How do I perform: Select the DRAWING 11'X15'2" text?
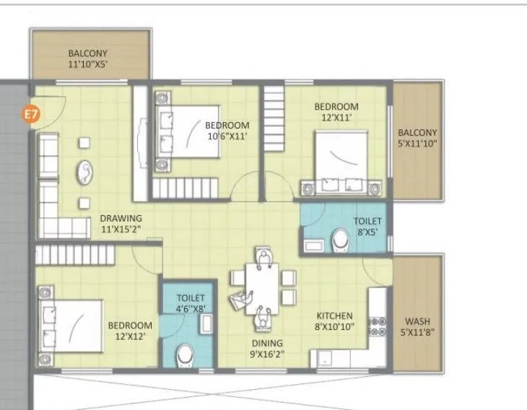coord(121,224)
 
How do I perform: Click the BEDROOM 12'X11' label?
coord(336,112)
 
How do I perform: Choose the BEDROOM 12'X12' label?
coord(130,331)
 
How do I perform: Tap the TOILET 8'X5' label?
coord(367,226)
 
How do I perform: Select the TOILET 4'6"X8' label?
coord(191,303)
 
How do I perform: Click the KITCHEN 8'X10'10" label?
coord(334,321)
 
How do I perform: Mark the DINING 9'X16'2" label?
coord(267,349)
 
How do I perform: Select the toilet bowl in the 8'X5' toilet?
coord(340,240)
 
